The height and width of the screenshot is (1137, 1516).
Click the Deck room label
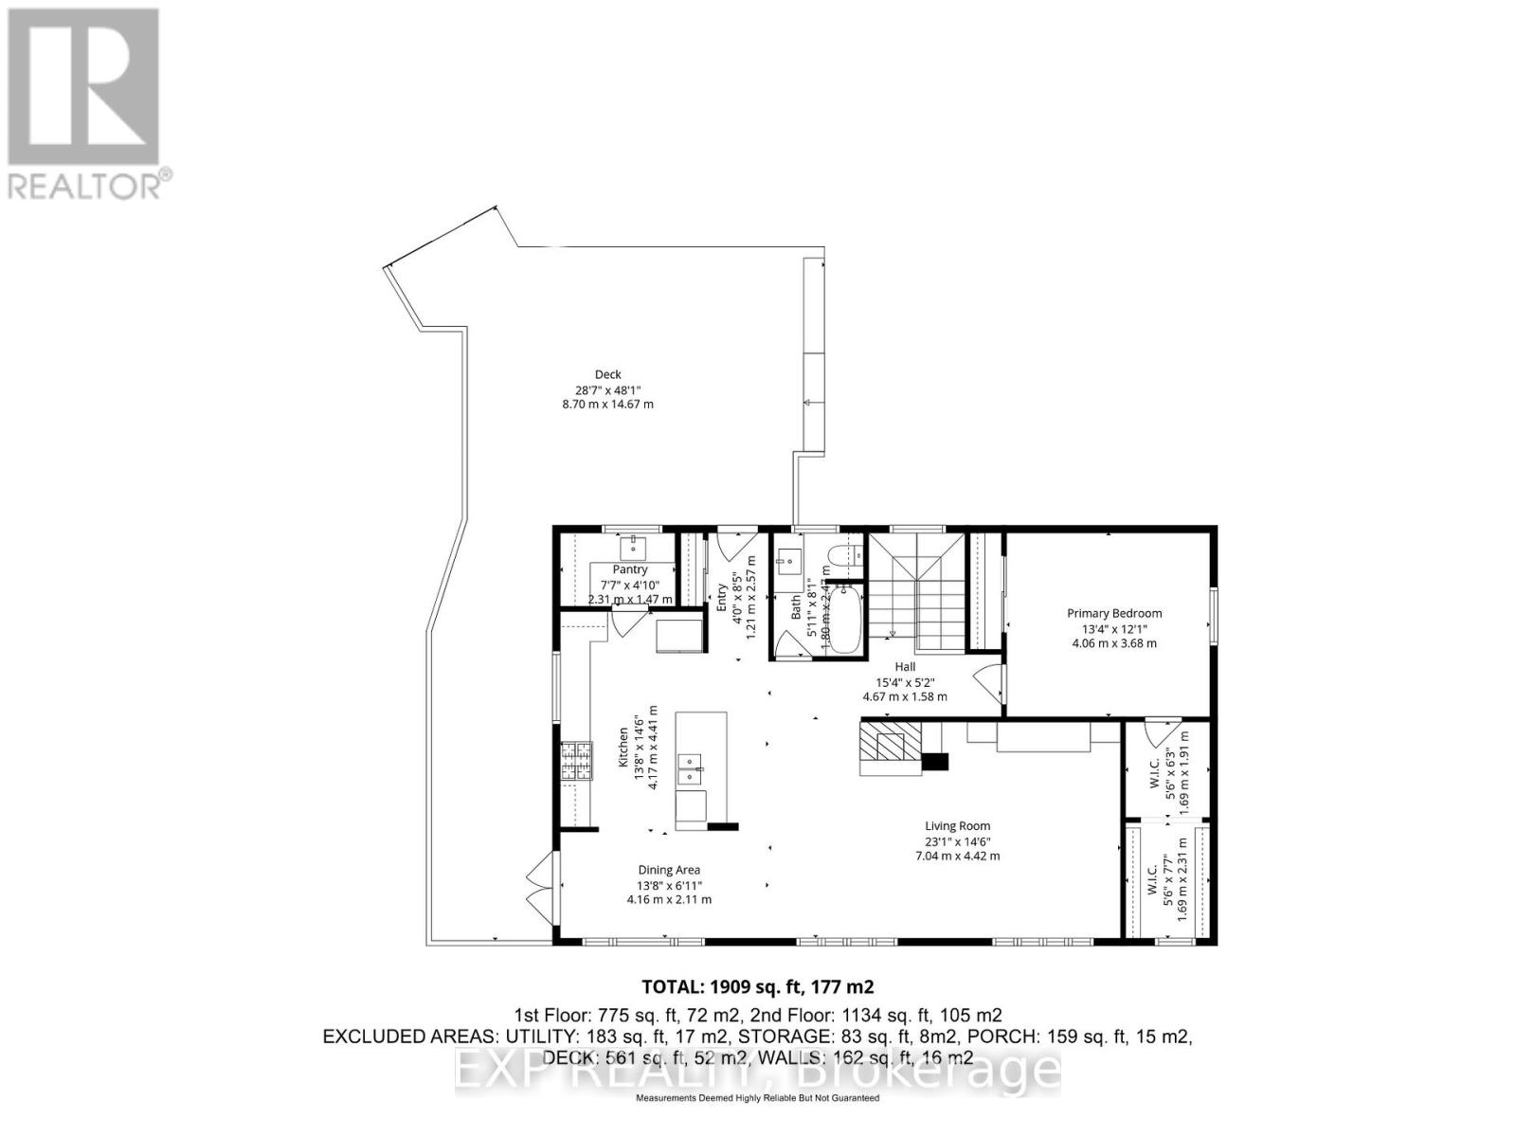[x=607, y=374]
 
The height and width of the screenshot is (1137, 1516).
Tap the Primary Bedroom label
[x=1113, y=613]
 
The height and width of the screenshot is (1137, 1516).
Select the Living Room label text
[x=957, y=825]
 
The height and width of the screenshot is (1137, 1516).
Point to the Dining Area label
[x=669, y=870]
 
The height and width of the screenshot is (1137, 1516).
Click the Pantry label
[x=629, y=569]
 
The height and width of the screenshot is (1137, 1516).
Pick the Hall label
[x=904, y=666]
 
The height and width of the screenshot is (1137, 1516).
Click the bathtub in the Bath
[x=844, y=618]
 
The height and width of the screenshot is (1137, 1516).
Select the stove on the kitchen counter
[x=575, y=761]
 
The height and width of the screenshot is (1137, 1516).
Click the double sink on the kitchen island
[x=689, y=769]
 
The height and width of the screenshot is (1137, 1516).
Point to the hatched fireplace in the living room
[x=891, y=748]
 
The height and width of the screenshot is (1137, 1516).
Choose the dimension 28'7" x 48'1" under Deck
[x=607, y=389]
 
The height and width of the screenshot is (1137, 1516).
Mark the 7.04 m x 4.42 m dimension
[x=957, y=856]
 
